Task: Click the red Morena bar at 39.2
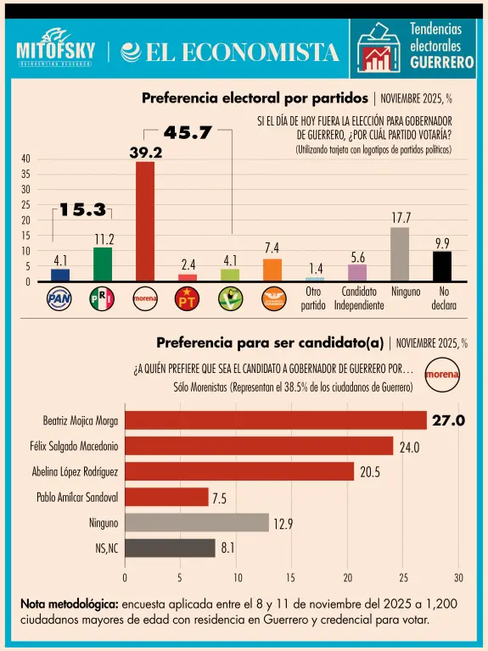pos(145,220)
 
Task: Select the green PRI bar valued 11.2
pos(103,264)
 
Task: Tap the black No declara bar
pos(442,266)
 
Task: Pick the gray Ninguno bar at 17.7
pos(400,254)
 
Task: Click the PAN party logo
pos(59,298)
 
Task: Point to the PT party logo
pos(187,298)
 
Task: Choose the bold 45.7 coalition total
pos(188,133)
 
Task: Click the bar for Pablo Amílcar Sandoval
pos(166,497)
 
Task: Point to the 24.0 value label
pos(410,447)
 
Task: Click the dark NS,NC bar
pos(170,548)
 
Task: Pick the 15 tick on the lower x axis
pos(292,578)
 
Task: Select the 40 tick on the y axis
pos(26,159)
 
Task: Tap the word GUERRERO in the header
pos(441,63)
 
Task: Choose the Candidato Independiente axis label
pos(358,298)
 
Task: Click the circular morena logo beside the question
pos(442,373)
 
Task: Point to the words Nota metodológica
pos(69,604)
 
